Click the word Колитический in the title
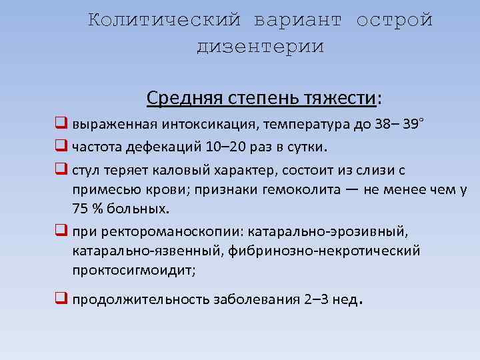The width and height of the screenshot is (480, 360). [164, 21]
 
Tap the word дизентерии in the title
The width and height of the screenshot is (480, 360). [260, 47]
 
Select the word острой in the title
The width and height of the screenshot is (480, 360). [395, 21]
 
